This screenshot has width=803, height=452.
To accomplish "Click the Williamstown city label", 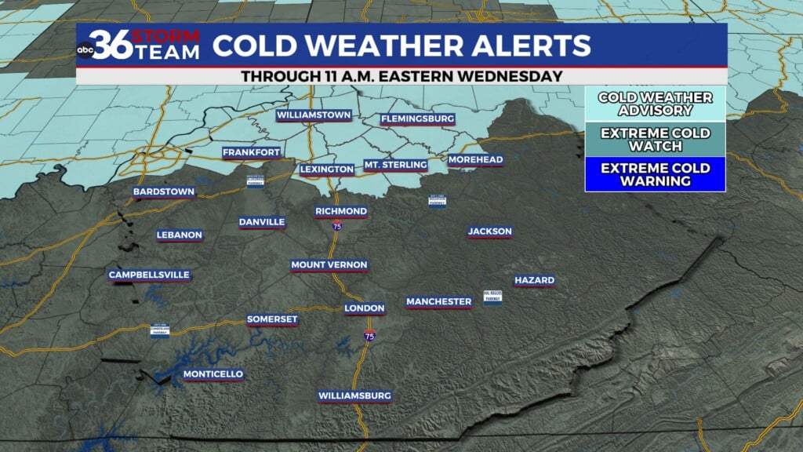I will pyautogui.click(x=313, y=115).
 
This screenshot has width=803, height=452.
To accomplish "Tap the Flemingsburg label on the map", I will pyautogui.click(x=417, y=119).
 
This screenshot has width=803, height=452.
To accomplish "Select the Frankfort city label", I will pyautogui.click(x=251, y=152).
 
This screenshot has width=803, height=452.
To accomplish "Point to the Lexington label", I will pyautogui.click(x=327, y=169).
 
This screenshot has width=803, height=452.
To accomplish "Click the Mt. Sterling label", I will pyautogui.click(x=396, y=165).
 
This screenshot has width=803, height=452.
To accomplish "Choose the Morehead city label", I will pyautogui.click(x=475, y=160).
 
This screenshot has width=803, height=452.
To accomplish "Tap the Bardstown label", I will pyautogui.click(x=163, y=191).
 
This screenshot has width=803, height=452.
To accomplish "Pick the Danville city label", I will pyautogui.click(x=262, y=222).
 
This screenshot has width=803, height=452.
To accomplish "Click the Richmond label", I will pyautogui.click(x=341, y=212).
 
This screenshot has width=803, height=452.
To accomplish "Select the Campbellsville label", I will pyautogui.click(x=149, y=275).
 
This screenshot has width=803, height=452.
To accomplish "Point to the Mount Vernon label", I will pyautogui.click(x=329, y=265).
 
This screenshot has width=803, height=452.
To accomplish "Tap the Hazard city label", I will pyautogui.click(x=534, y=280).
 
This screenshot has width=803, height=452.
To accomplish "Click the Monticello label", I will pyautogui.click(x=213, y=374).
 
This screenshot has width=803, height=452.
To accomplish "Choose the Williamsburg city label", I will pyautogui.click(x=354, y=396).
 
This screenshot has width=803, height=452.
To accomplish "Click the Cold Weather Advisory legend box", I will pyautogui.click(x=655, y=104).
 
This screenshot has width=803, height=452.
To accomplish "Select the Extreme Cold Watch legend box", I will pyautogui.click(x=655, y=139).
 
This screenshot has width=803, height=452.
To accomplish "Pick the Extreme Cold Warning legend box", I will pyautogui.click(x=655, y=174).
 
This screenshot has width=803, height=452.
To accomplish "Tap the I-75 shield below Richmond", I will pyautogui.click(x=337, y=227).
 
